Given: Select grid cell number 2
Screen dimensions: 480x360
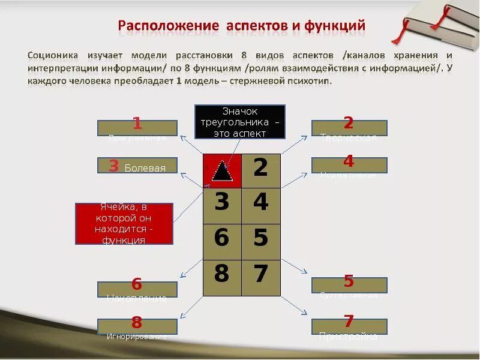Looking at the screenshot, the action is pos(261,169).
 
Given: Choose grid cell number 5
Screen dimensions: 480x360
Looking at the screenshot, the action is pos(261,239).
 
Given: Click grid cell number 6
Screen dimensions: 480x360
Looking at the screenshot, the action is pos(222,239).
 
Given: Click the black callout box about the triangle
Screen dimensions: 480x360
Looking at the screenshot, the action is pos(240,122).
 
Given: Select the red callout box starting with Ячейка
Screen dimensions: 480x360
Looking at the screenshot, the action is pos(124,223).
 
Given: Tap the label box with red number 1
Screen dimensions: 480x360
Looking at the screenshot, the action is pos(137,128).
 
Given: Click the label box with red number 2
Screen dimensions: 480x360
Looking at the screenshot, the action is pos(349,128).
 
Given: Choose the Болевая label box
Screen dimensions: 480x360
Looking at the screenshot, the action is pos(137,166).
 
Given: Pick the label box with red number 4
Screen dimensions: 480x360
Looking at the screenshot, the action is pos(349,165).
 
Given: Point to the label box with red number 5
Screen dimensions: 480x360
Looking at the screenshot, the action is pos(349,285).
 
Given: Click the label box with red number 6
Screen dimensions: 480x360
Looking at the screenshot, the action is pos(137,289).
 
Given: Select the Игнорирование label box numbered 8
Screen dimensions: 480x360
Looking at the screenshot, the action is pos(137,326).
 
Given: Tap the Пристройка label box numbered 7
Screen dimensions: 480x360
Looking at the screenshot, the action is pos(349,326).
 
